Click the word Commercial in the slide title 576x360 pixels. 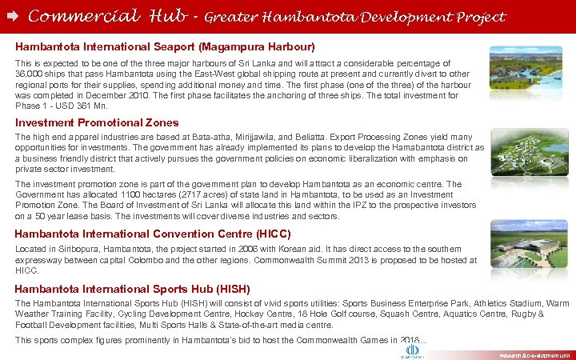coord(74,15)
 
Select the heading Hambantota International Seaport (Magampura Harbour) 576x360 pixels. coord(165,47)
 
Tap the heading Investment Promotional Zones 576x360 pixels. coord(97,122)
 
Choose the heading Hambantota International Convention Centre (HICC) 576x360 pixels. coord(153,234)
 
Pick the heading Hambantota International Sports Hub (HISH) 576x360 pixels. coord(133,288)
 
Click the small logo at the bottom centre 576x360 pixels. coord(413,350)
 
